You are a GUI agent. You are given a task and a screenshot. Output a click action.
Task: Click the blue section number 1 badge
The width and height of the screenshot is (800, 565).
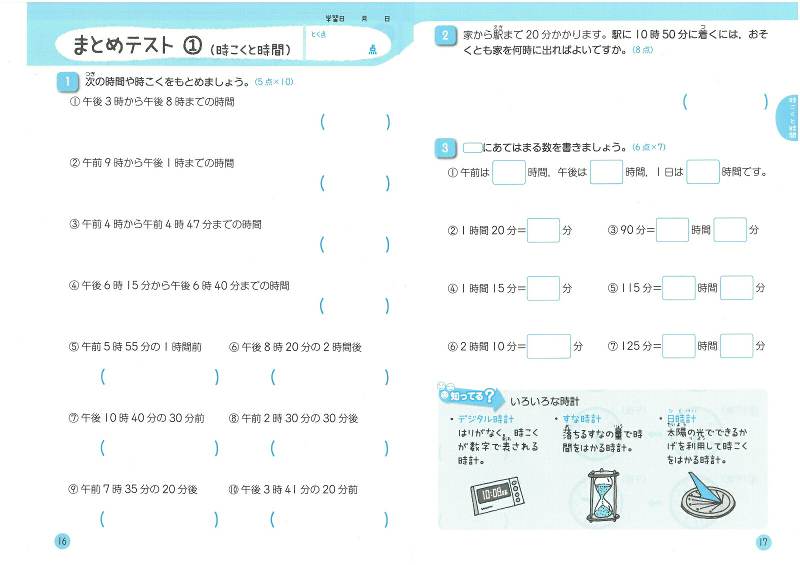[x=67, y=81]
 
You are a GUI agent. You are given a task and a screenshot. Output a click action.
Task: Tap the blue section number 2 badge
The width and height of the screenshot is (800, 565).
[x=445, y=35]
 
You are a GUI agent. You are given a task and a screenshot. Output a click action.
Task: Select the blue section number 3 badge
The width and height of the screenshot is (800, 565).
[x=445, y=148]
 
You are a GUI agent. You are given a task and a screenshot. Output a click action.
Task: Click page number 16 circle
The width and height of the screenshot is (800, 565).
[x=62, y=541]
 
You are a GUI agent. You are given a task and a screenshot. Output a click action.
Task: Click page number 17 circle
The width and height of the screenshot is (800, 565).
[x=763, y=542]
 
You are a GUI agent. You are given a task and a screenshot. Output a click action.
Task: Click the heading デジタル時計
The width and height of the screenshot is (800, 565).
[x=485, y=419]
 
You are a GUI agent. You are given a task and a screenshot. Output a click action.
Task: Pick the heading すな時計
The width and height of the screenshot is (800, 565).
[x=581, y=419]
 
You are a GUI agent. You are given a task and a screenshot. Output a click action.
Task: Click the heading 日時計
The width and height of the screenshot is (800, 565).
[x=681, y=419]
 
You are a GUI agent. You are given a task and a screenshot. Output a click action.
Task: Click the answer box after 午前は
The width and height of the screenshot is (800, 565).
[x=508, y=172]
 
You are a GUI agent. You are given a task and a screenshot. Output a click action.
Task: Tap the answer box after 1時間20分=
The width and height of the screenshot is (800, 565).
[x=543, y=230]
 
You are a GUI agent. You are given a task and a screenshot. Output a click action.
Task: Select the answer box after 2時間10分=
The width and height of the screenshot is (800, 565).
[x=548, y=346]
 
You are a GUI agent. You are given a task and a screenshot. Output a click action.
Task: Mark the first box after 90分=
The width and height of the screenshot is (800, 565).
[x=672, y=230]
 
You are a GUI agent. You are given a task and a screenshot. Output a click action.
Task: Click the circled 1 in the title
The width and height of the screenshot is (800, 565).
[x=192, y=46]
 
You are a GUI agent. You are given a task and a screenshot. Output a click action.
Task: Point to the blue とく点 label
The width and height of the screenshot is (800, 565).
[x=318, y=34]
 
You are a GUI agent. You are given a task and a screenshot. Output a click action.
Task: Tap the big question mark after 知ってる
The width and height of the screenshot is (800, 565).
[x=489, y=396]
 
